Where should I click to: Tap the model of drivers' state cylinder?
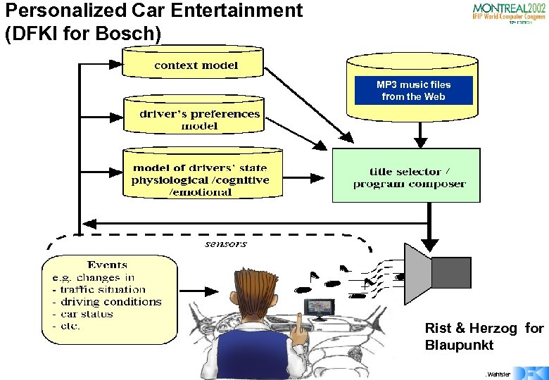pyautogui.click(x=200, y=176)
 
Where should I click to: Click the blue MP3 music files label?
pyautogui.click(x=413, y=91)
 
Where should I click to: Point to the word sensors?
pyautogui.click(x=226, y=243)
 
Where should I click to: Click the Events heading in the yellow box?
pyautogui.click(x=107, y=265)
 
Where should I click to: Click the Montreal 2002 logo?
pyautogui.click(x=508, y=13)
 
